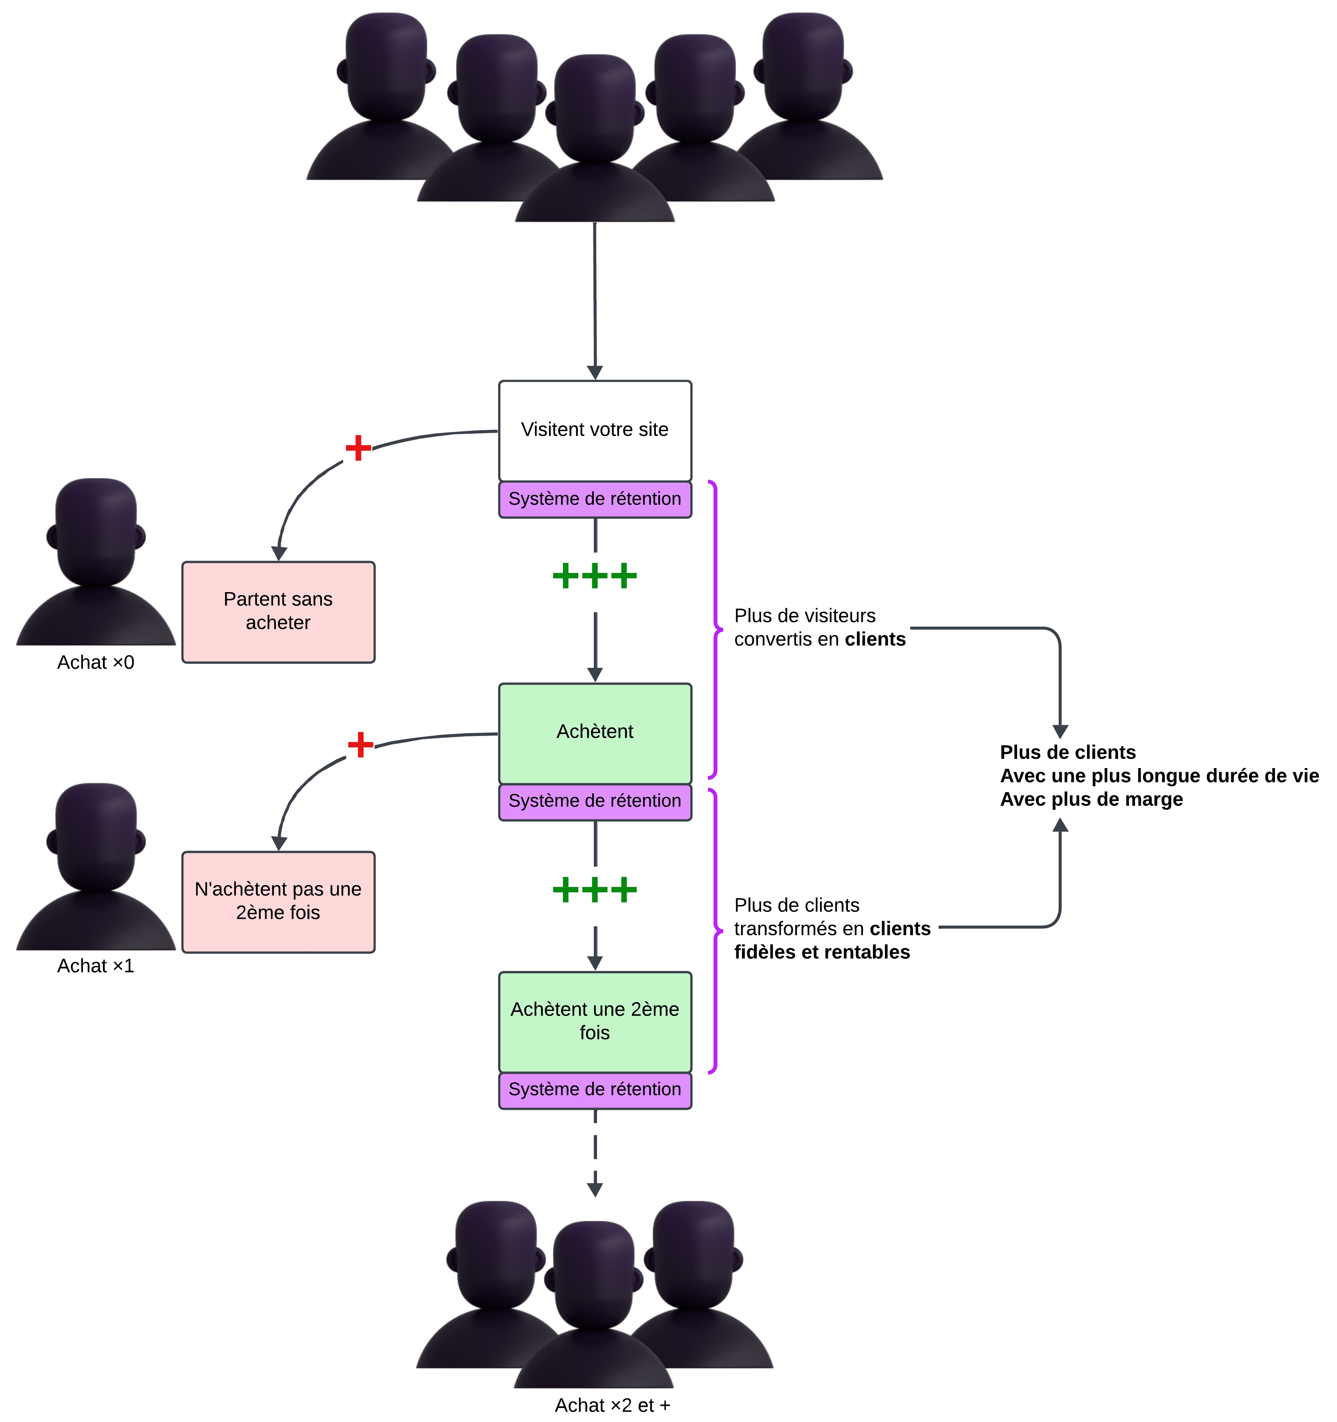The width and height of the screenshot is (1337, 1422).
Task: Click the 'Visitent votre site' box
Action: [595, 430]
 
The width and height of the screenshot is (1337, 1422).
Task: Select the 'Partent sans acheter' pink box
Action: [278, 611]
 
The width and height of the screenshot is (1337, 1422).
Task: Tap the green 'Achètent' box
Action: [595, 732]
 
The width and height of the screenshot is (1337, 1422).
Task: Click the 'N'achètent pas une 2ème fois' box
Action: [278, 901]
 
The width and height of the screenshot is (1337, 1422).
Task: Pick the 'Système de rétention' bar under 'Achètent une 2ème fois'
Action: [595, 1089]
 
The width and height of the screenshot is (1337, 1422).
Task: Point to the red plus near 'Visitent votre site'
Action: [358, 448]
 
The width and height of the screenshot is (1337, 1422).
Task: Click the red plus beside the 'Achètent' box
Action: [360, 744]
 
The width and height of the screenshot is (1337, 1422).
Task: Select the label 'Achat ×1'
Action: [96, 966]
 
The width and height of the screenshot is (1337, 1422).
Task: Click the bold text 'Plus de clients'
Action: [1068, 752]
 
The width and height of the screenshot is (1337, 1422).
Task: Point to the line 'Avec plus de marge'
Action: [1091, 800]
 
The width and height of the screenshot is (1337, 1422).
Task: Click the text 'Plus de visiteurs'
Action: [804, 616]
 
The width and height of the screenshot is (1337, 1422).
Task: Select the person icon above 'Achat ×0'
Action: [96, 561]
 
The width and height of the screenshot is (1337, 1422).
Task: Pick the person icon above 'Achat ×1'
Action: [96, 865]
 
